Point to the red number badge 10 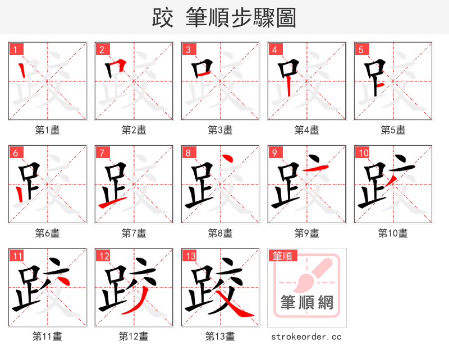[363, 153]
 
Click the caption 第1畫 [48, 130]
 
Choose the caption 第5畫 [393, 130]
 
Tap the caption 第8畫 [220, 233]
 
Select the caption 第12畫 [134, 336]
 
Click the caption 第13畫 [220, 336]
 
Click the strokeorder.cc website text [306, 337]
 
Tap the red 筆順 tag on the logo [282, 256]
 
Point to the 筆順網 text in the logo [307, 303]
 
